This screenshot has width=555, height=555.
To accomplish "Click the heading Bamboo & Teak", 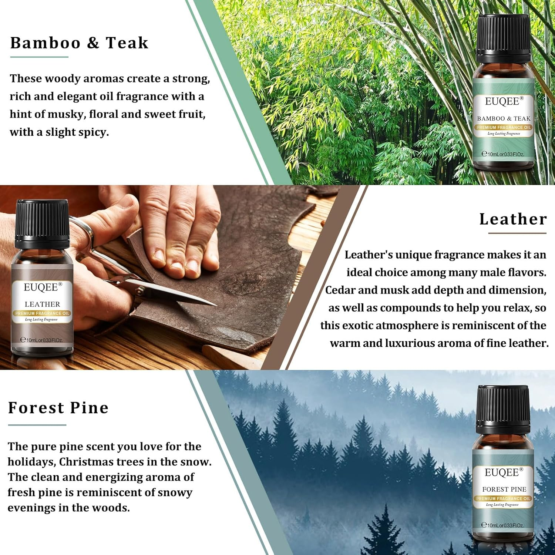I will (x=79, y=43).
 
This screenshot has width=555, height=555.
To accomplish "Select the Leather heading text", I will (x=513, y=219).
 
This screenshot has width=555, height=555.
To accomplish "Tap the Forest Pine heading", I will (x=58, y=408).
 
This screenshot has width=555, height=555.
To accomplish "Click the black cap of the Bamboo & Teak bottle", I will (x=504, y=38).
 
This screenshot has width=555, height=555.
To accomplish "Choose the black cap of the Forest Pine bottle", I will (x=503, y=409).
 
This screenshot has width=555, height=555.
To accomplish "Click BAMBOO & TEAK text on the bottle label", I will (x=504, y=119).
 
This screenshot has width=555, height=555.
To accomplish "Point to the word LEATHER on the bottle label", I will (x=42, y=304).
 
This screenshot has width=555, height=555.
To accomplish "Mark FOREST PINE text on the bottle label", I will (x=504, y=489).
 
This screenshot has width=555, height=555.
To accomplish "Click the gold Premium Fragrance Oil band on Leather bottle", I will (x=42, y=313).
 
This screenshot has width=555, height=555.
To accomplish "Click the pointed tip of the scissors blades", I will (x=215, y=305).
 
